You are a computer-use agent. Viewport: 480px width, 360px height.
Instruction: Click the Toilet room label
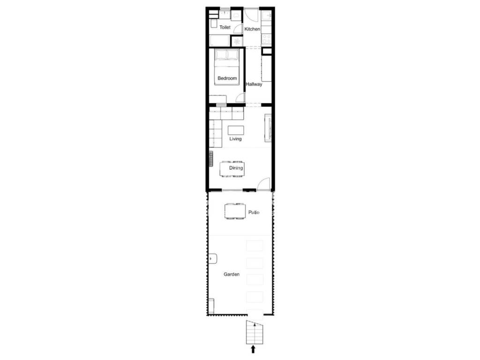pyautogui.click(x=225, y=27)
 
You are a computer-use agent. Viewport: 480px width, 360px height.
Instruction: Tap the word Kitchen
pyautogui.click(x=252, y=29)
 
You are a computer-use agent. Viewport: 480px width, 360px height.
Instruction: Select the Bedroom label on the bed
pyautogui.click(x=227, y=78)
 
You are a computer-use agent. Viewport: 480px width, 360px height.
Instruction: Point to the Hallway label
pyautogui.click(x=254, y=84)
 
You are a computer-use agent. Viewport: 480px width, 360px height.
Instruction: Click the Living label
pyautogui.click(x=235, y=139)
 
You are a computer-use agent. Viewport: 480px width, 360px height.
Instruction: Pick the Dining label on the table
pyautogui.click(x=236, y=168)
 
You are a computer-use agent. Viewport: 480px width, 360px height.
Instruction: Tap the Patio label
pyautogui.click(x=254, y=212)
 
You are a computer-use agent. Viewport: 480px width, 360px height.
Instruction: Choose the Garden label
pyautogui.click(x=232, y=274)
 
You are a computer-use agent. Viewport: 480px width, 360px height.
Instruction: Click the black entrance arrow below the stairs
pyautogui.click(x=253, y=349)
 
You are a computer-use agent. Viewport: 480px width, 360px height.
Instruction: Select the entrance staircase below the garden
pyautogui.click(x=255, y=332)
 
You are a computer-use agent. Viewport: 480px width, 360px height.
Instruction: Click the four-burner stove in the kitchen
pyautogui.click(x=267, y=39)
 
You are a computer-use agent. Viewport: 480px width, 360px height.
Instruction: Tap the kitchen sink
pyautogui.click(x=267, y=15)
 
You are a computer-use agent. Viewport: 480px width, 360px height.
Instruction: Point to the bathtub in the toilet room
pyautogui.click(x=219, y=40)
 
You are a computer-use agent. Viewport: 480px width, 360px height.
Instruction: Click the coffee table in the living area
pyautogui.click(x=236, y=130)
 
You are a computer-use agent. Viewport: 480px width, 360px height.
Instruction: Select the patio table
pyautogui.click(x=235, y=211)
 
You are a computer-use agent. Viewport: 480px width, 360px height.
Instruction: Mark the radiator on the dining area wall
pyautogui.click(x=211, y=158)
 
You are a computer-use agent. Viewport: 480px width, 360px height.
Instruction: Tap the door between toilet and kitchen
pyautogui.click(x=238, y=29)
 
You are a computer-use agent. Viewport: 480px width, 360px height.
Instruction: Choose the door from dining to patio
pyautogui.click(x=264, y=184)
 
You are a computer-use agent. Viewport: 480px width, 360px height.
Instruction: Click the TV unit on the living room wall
pyautogui.click(x=268, y=128)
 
